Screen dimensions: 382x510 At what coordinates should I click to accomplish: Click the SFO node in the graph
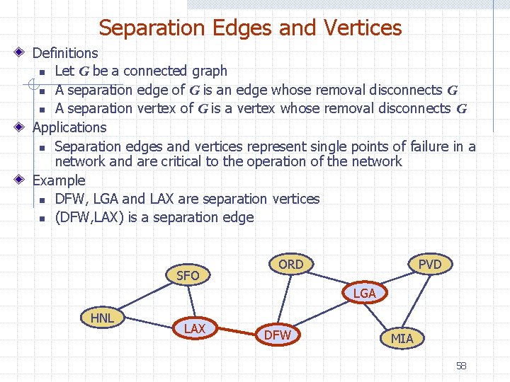[188, 275]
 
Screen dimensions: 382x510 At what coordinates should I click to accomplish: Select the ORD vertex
[290, 265]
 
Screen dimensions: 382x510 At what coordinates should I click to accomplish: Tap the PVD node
[430, 265]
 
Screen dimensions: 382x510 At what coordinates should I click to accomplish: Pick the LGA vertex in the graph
[364, 293]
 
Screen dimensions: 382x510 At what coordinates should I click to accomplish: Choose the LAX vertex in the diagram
[194, 329]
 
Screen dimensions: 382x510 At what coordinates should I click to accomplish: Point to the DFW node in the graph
[278, 335]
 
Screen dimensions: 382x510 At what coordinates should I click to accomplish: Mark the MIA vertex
[402, 338]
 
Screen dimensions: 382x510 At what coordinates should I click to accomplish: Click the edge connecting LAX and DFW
[236, 332]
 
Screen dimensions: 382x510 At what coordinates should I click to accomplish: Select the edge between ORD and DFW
[285, 299]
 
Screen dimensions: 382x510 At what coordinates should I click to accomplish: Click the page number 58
[461, 366]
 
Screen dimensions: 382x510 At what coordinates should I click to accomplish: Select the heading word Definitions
[65, 52]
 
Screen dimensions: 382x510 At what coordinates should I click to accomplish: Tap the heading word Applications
[69, 127]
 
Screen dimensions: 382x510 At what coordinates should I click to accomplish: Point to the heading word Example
[59, 180]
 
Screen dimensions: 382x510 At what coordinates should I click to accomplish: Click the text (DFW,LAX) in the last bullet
[90, 217]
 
